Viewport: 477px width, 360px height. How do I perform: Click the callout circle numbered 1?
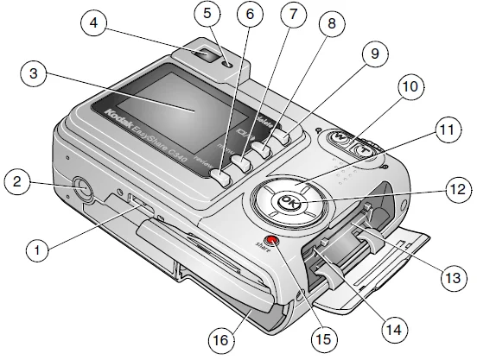pyautogui.click(x=37, y=250)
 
